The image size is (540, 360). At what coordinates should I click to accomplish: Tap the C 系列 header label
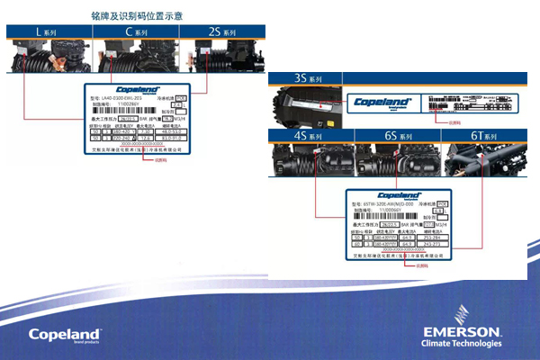click(x=137, y=32)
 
